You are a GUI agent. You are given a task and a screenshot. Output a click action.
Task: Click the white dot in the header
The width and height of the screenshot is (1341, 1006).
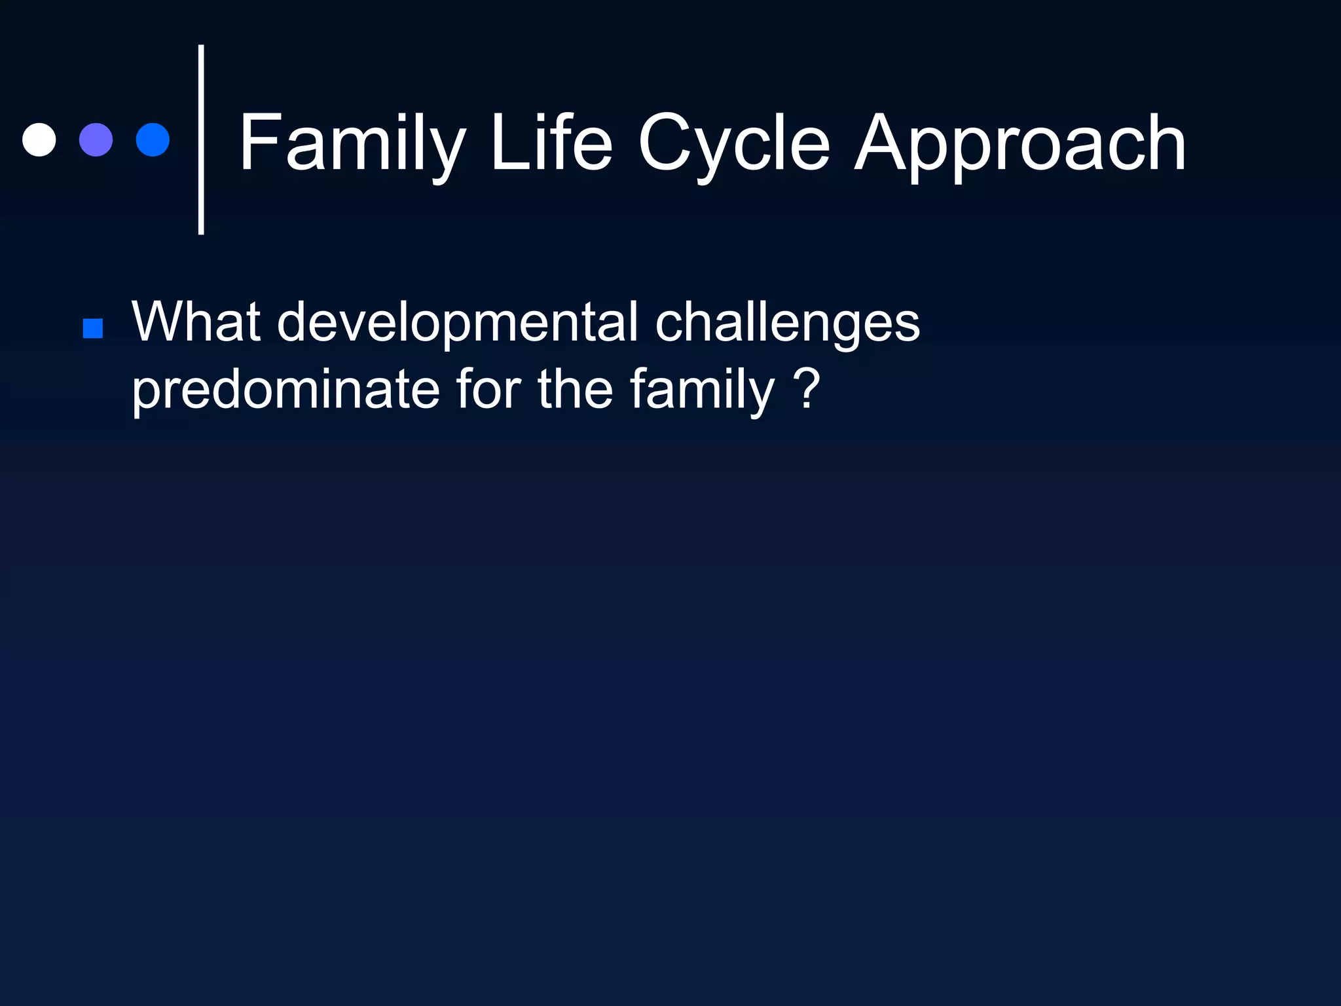click(39, 140)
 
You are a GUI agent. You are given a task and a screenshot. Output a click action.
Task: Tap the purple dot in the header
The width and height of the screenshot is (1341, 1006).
click(96, 140)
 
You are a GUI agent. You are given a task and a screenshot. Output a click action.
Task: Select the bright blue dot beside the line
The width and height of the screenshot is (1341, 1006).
click(153, 140)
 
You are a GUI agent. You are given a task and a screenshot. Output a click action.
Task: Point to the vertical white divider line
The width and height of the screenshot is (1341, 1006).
click(201, 140)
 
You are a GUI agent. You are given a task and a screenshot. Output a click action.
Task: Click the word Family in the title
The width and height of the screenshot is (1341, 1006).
click(352, 143)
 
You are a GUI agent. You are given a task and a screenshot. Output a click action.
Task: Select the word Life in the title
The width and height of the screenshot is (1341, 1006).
click(551, 142)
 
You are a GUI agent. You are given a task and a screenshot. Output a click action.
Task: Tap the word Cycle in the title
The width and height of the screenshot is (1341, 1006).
click(734, 143)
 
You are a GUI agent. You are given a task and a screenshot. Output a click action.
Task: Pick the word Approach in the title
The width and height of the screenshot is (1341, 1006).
click(1020, 143)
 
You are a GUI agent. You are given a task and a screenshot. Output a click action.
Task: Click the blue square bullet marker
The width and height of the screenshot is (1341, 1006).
click(93, 329)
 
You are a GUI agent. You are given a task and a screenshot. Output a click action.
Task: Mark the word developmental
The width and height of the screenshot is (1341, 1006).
click(457, 323)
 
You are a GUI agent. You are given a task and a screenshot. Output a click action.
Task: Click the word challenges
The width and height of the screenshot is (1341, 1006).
click(787, 323)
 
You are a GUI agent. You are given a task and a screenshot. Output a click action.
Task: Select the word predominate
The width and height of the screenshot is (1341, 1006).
click(285, 390)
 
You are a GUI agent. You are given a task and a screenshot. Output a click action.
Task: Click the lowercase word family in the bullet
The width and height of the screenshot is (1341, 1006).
click(702, 390)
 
